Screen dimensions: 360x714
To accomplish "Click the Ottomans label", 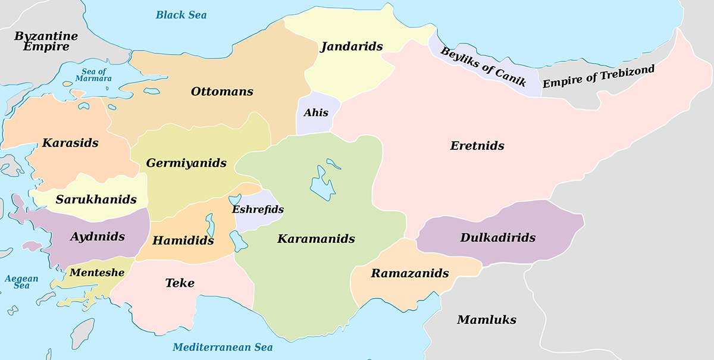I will (x=222, y=92).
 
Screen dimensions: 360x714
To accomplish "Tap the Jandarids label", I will (x=351, y=46).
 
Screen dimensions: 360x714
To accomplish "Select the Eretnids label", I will (x=477, y=146).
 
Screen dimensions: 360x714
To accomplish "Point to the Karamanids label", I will (x=316, y=239).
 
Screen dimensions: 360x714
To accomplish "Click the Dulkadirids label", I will (x=498, y=237).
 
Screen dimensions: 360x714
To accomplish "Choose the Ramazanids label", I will (x=410, y=274).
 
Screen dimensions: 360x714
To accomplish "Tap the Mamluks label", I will (x=486, y=320).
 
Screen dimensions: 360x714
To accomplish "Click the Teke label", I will (x=180, y=283).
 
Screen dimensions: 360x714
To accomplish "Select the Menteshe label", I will (x=97, y=273).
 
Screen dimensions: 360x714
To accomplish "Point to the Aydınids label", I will (x=98, y=237).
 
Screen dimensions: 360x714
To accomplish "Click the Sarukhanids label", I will (x=96, y=199).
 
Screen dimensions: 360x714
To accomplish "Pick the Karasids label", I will (x=70, y=143).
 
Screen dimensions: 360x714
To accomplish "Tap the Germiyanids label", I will (x=186, y=163).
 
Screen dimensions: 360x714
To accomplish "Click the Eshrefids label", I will (x=258, y=209).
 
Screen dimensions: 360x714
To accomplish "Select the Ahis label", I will (x=316, y=112).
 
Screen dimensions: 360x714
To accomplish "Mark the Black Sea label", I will (x=181, y=15).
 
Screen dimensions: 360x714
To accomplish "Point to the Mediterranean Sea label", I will (x=223, y=348).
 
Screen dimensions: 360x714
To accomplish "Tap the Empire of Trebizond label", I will (x=598, y=77).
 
